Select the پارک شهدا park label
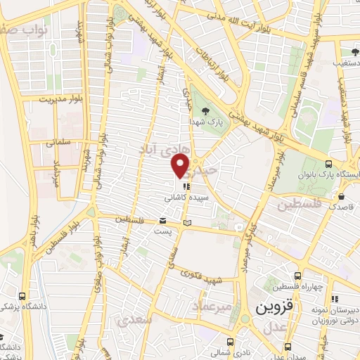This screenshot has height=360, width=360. tap(210, 121)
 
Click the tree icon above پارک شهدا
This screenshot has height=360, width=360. tap(205, 110)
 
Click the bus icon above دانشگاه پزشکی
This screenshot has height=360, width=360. tap(23, 295)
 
